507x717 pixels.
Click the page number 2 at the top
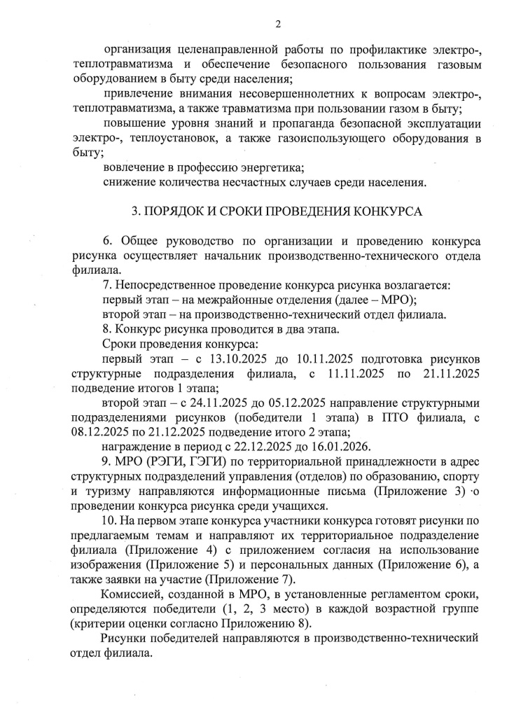278,25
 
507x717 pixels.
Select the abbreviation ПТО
388,418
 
